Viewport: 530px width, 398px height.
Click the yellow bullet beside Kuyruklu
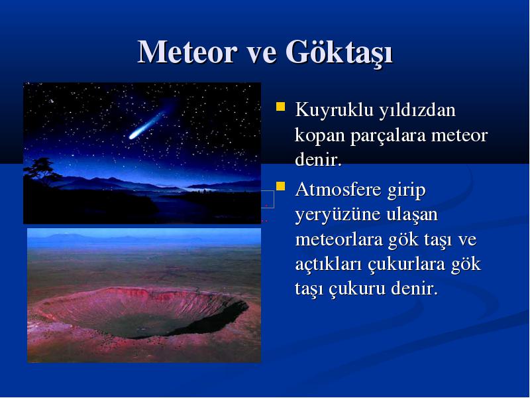point(280,107)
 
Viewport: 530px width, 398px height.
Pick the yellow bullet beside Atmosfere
point(280,186)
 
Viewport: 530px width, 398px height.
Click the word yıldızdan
point(417,110)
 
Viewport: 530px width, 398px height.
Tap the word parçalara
point(388,136)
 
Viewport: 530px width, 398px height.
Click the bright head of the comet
point(133,136)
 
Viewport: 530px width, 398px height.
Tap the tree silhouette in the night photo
point(40,172)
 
